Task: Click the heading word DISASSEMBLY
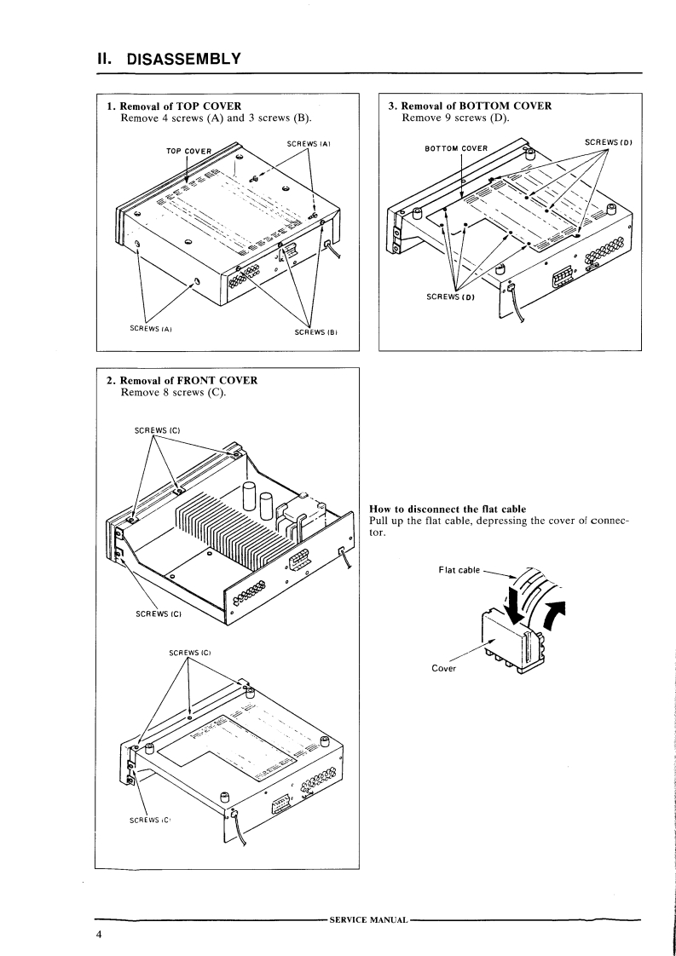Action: pyautogui.click(x=184, y=59)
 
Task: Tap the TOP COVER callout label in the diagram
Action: pyautogui.click(x=188, y=152)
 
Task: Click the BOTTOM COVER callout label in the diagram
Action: pyautogui.click(x=456, y=148)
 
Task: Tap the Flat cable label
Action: pyautogui.click(x=458, y=570)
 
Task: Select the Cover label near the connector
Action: pyautogui.click(x=443, y=668)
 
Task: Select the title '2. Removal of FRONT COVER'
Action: pyautogui.click(x=182, y=380)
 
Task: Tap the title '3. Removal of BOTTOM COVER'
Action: pyautogui.click(x=470, y=107)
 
